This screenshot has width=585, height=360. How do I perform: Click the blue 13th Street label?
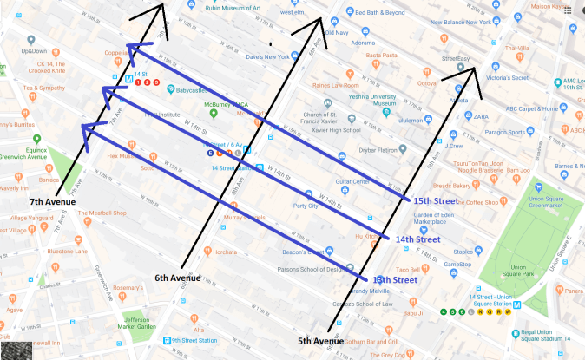393,279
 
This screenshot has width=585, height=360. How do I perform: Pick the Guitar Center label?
353,181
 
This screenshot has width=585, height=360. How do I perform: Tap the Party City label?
305,206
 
